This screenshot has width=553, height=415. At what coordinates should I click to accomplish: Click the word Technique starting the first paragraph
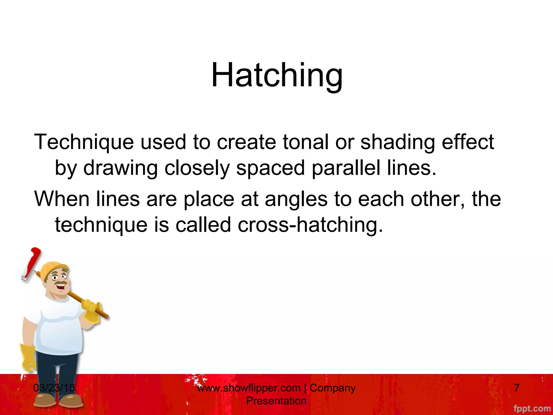[x=84, y=142]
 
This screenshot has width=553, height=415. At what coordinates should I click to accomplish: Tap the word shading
[x=397, y=142]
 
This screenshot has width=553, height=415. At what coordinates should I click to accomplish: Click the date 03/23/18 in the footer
[x=54, y=388]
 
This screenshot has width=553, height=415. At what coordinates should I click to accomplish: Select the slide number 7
[x=517, y=388]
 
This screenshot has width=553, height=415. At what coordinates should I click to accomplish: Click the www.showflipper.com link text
[x=248, y=388]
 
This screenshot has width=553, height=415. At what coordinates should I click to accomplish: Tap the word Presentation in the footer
[x=276, y=401]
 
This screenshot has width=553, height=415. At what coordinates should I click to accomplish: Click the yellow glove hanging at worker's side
[x=28, y=357]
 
